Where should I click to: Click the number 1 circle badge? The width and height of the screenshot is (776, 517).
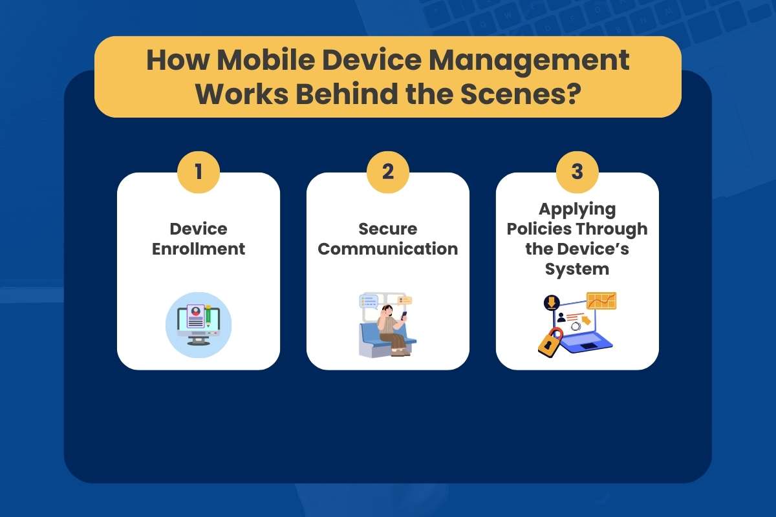(x=199, y=173)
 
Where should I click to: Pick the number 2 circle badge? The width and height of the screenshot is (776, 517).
(x=388, y=173)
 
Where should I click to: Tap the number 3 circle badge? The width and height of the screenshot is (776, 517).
(x=577, y=173)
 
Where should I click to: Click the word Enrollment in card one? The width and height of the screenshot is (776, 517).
(x=199, y=249)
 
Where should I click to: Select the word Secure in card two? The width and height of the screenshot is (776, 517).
(x=388, y=229)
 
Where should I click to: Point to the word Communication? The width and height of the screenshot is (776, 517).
(x=388, y=249)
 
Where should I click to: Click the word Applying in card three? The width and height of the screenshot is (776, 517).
(x=577, y=209)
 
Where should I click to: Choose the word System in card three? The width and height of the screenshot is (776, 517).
(x=577, y=269)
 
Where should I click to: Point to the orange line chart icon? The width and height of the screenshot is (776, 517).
(x=601, y=301)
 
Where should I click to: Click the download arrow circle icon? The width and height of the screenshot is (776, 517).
(x=552, y=302)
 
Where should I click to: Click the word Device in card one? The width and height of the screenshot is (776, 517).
(x=199, y=229)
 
